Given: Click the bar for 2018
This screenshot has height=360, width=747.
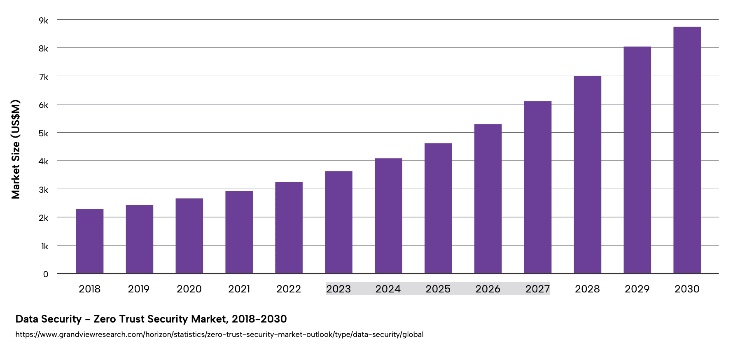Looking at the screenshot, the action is [x=90, y=241].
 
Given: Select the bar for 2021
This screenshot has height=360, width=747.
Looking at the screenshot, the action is [x=239, y=232].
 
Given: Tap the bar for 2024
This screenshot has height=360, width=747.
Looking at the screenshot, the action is [x=388, y=216].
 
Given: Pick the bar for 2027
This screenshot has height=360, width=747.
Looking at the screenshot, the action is [x=538, y=187].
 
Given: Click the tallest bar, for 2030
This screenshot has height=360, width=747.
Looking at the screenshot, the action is [x=687, y=150].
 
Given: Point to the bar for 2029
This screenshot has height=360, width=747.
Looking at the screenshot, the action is [x=637, y=160].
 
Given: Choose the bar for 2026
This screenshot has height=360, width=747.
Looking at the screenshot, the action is [x=488, y=199].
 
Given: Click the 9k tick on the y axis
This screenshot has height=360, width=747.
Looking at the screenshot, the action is [x=44, y=20].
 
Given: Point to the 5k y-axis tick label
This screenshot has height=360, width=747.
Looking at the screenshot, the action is [x=44, y=133].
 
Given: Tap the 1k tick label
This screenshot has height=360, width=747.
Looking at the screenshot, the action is [x=44, y=246].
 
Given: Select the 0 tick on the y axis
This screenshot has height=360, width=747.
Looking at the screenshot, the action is [x=46, y=274].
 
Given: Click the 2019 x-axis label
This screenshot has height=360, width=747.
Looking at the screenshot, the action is [x=139, y=289].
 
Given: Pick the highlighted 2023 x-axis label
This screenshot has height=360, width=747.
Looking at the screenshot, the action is [x=338, y=289].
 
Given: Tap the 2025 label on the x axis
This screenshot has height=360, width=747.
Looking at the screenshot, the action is [x=438, y=289].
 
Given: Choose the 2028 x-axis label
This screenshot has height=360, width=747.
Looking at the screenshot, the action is [x=587, y=289].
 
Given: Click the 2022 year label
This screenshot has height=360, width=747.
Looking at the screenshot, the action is [x=289, y=289].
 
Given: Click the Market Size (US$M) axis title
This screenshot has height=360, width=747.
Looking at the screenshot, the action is [x=16, y=149].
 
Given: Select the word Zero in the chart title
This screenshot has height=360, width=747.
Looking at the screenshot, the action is [x=105, y=319].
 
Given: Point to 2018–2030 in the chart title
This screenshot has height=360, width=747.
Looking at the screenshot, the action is [x=259, y=319].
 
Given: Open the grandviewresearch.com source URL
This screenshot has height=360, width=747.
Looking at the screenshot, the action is [x=219, y=334].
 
